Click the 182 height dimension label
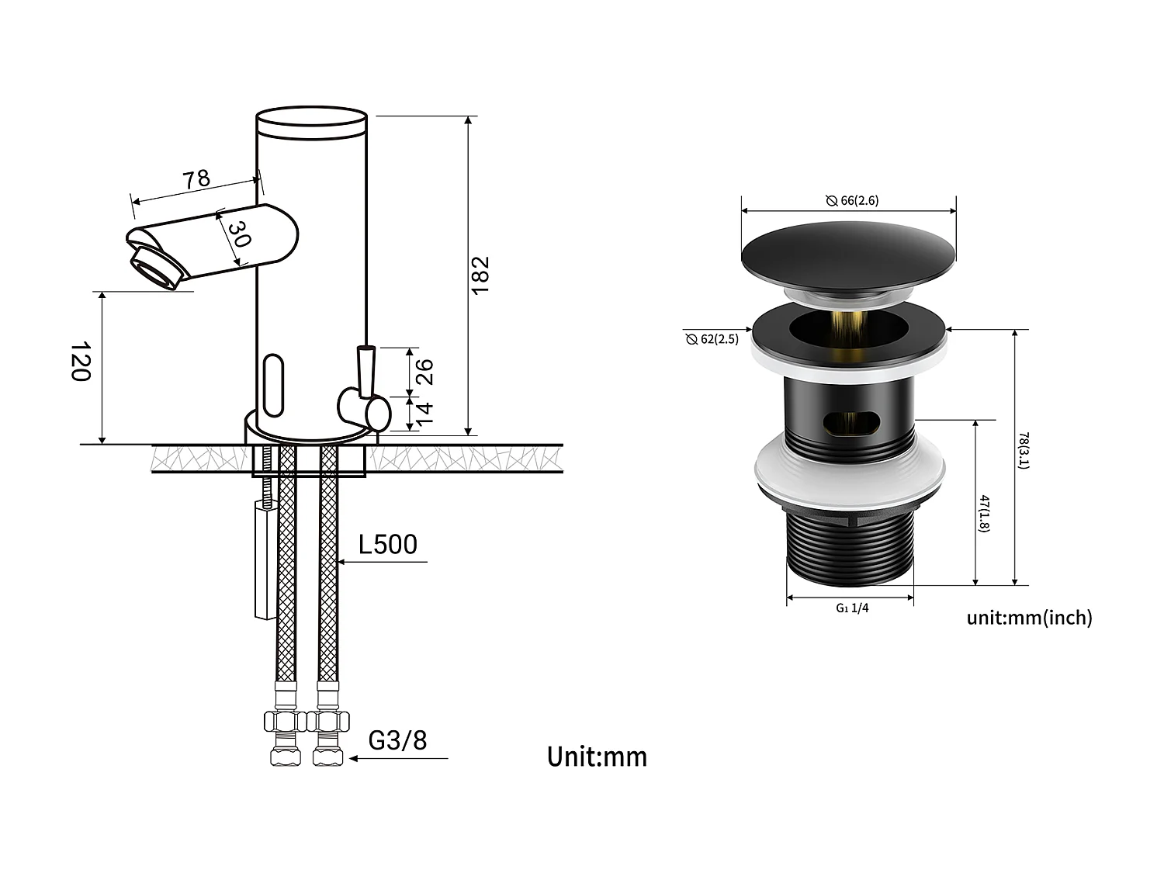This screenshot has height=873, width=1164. coord(480,274)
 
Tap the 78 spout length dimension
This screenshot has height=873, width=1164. coord(196,179)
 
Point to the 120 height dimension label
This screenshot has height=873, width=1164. coord(81,362)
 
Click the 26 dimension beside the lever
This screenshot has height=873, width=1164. coord(424,372)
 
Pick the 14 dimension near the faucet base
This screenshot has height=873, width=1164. coord(424,413)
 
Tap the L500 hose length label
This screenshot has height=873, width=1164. coord(387,545)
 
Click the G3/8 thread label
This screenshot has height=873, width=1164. coord(397,740)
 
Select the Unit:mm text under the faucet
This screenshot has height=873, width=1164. coord(597,757)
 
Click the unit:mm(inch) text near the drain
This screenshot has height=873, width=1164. coord(1029,618)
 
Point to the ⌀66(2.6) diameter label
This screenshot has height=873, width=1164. coord(852,200)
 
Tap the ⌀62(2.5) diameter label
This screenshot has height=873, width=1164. coord(712,339)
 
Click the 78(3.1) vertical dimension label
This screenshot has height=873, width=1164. coord(1024,450)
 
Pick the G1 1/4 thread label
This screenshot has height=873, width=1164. coord(852,608)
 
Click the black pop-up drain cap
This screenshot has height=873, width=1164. coord(849,255)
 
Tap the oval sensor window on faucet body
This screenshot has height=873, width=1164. coord(274,385)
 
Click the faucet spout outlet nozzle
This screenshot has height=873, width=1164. coord(158,267)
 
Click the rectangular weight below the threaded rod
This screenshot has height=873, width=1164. coord(265,559)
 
